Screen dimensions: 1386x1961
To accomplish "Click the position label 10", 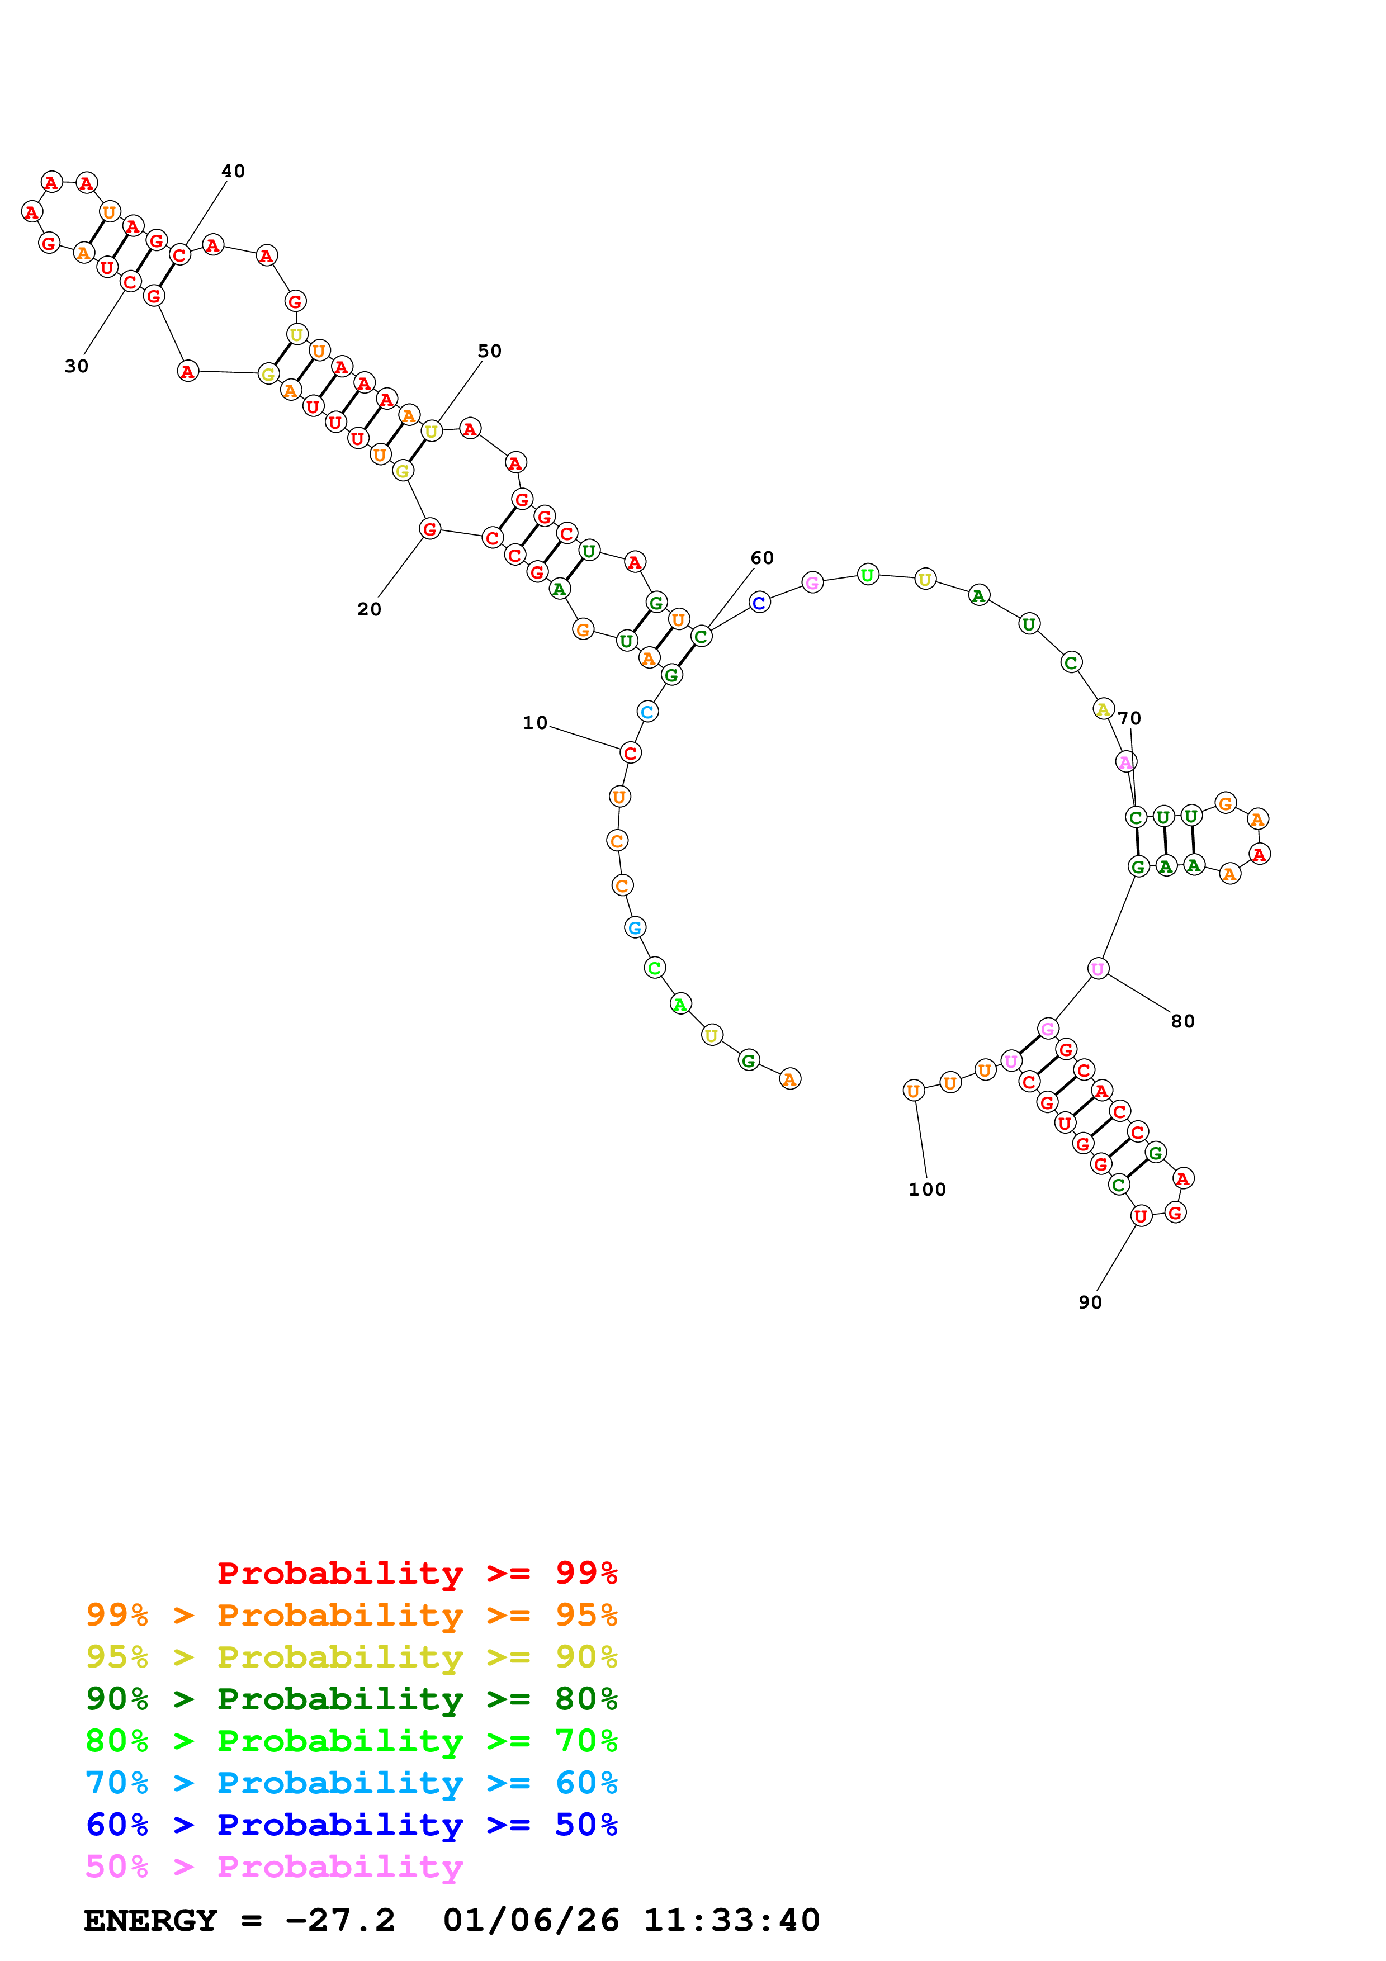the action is (534, 723).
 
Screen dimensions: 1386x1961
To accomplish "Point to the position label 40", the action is (233, 172).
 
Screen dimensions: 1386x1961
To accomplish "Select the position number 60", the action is (761, 558).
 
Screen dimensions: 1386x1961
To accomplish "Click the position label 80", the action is (1182, 1021).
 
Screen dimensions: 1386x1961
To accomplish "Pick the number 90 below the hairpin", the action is (1090, 1302).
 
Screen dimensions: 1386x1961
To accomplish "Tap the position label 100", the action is (926, 1190).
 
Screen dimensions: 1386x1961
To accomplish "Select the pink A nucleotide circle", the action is (1125, 762).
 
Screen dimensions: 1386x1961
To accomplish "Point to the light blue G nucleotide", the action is (635, 927).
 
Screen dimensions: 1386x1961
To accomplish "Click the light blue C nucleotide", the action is (647, 712).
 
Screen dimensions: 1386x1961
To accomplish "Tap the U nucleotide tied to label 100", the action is (914, 1091).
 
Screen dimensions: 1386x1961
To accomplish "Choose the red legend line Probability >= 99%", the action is (417, 1573).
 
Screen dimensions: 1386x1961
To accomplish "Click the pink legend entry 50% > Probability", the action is (274, 1867).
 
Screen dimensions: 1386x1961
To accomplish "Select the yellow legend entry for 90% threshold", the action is (351, 1657).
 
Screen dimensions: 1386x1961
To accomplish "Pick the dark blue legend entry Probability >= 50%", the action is (351, 1825).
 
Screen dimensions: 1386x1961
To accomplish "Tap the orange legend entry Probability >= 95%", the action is (351, 1615).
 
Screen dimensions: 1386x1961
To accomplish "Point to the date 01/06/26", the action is (531, 1921).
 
